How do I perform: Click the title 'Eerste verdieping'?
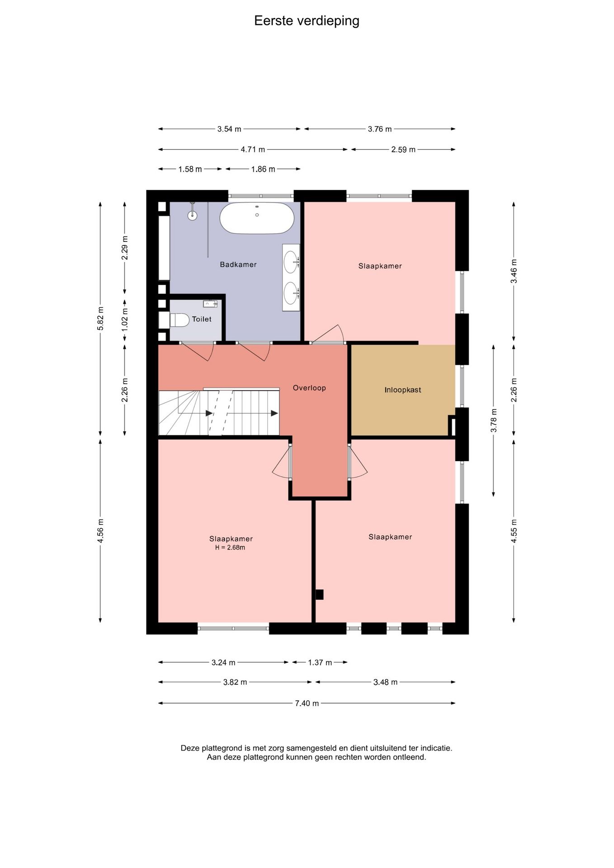pyautogui.click(x=307, y=21)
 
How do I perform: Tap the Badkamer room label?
pyautogui.click(x=238, y=264)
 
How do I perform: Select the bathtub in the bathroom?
pyautogui.click(x=257, y=218)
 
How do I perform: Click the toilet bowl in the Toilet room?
pyautogui.click(x=179, y=320)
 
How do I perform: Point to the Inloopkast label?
pyautogui.click(x=403, y=390)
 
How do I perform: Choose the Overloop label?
pyautogui.click(x=309, y=387)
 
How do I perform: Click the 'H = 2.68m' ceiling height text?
pyautogui.click(x=230, y=547)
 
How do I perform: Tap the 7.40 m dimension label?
pyautogui.click(x=307, y=703)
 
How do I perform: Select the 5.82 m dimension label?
pyautogui.click(x=100, y=318)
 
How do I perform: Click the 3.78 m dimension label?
pyautogui.click(x=494, y=420)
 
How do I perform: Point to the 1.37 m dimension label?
pyautogui.click(x=320, y=662)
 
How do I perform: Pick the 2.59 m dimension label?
pyautogui.click(x=403, y=149)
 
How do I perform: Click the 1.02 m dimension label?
pyautogui.click(x=125, y=318)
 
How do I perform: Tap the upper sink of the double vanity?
pyautogui.click(x=291, y=262)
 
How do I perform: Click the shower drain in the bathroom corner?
pyautogui.click(x=193, y=215)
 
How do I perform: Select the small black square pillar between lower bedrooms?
pyautogui.click(x=319, y=594)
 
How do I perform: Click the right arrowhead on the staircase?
pyautogui.click(x=274, y=413)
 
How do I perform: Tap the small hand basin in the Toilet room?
pyautogui.click(x=210, y=303)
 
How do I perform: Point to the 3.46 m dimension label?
pyautogui.click(x=514, y=271)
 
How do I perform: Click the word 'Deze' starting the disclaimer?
pyautogui.click(x=190, y=748)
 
